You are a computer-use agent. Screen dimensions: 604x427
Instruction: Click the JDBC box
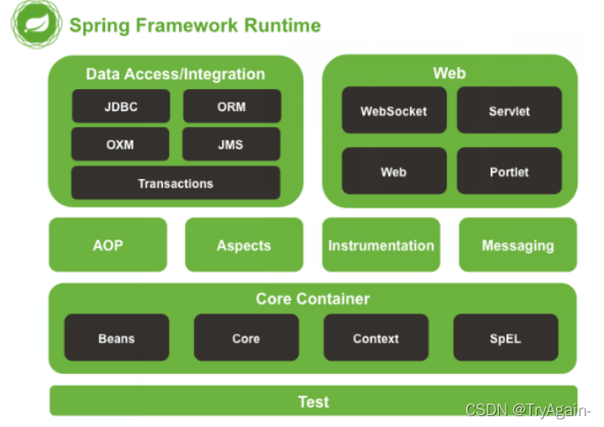[121, 106]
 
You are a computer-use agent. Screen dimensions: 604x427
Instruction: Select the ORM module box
[232, 106]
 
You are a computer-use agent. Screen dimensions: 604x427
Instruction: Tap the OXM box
[120, 144]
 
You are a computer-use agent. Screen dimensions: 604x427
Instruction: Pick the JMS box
[231, 144]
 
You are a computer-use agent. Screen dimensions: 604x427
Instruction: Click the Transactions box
[176, 183]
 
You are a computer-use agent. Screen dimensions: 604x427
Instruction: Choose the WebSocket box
[394, 110]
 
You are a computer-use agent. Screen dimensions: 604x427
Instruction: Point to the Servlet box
[509, 110]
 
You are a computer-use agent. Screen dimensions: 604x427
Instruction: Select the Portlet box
[509, 171]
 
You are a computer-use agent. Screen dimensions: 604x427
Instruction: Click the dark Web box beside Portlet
[394, 171]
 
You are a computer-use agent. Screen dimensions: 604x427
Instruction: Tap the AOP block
[108, 245]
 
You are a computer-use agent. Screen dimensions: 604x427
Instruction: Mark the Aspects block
[244, 245]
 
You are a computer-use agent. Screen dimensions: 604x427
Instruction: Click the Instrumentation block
[381, 245]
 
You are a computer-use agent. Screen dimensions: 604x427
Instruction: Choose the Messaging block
[517, 245]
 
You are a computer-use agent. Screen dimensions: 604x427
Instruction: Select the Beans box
[117, 338]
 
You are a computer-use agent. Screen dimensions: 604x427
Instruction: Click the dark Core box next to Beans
[246, 338]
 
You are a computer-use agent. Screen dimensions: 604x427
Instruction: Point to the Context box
[376, 338]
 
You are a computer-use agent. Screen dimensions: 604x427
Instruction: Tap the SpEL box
[506, 338]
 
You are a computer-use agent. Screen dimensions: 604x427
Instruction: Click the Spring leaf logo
[36, 24]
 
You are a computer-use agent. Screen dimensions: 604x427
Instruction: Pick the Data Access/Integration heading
[176, 74]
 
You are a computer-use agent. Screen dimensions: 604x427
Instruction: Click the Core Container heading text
[313, 298]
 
